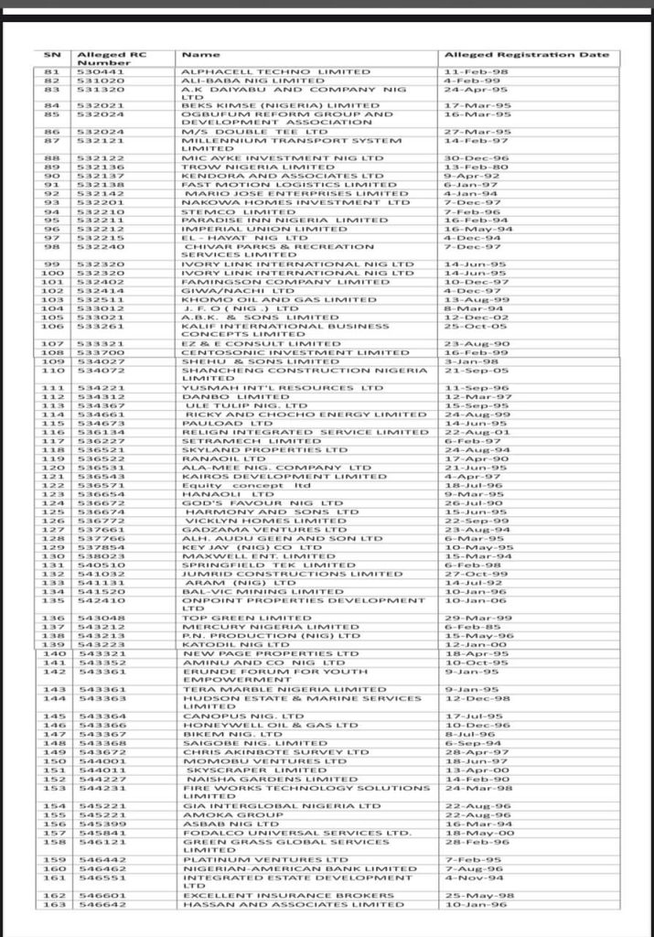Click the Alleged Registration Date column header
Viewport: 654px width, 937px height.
526,55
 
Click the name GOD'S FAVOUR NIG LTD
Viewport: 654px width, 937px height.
249,503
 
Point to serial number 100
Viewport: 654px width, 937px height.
51,273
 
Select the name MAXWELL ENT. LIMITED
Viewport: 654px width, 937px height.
246,556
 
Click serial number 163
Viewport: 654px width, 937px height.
51,904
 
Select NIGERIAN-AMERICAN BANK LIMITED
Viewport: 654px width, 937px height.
287,868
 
